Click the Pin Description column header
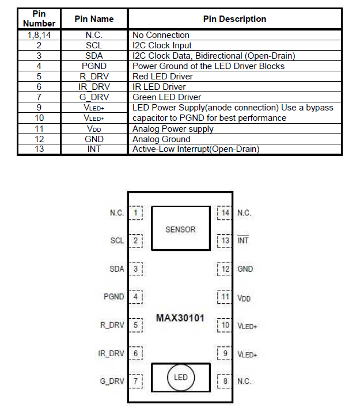coord(234,19)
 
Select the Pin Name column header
coord(94,19)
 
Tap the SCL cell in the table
coord(94,45)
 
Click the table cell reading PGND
coord(94,66)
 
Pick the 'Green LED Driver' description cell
coord(164,97)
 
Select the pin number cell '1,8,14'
coord(39,35)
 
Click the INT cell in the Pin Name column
coord(94,150)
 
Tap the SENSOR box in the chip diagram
coord(180,229)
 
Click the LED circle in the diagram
coord(181,377)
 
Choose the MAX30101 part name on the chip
coord(180,318)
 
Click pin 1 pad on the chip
coord(135,213)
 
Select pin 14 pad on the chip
coord(225,213)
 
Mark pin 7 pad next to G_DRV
coord(135,381)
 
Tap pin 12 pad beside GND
coord(225,269)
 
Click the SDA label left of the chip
coord(116,269)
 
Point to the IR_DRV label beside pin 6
coord(111,353)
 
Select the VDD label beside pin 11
coord(244,298)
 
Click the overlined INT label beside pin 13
coord(243,241)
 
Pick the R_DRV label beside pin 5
coord(112,325)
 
